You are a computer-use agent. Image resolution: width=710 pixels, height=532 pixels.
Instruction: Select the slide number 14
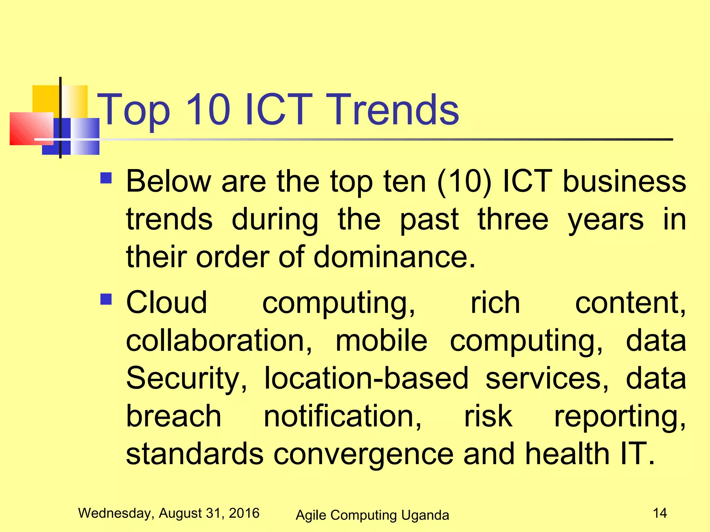pyautogui.click(x=660, y=513)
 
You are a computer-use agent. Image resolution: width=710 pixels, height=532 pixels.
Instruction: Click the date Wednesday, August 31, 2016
pyautogui.click(x=169, y=513)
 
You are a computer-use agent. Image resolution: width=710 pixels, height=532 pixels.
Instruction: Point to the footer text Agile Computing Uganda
pyautogui.click(x=372, y=515)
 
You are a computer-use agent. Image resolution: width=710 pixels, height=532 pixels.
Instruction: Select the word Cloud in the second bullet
pyautogui.click(x=166, y=303)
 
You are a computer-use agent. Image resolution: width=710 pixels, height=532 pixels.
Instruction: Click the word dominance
pyautogui.click(x=394, y=257)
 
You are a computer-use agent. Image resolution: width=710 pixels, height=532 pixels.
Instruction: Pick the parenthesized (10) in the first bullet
pyautogui.click(x=464, y=181)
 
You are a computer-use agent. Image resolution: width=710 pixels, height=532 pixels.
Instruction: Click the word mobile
pyautogui.click(x=381, y=340)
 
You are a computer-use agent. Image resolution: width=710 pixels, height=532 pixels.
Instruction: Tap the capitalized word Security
pyautogui.click(x=187, y=379)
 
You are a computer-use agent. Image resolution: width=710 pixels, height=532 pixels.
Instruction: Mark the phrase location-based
pyautogui.click(x=366, y=378)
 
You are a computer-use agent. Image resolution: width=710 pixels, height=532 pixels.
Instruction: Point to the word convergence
pyautogui.click(x=363, y=454)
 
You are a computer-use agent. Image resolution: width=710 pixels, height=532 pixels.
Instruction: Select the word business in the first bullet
pyautogui.click(x=624, y=181)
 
